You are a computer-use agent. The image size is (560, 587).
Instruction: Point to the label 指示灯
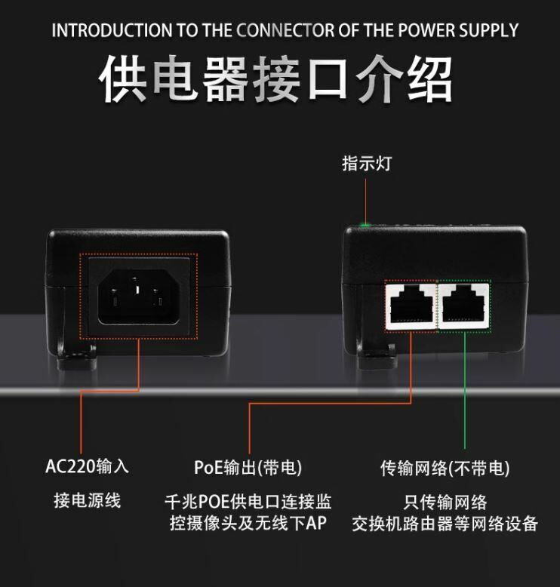[367, 163]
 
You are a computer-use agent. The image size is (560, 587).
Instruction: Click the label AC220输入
[87, 466]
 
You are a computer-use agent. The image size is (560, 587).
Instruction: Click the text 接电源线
[87, 500]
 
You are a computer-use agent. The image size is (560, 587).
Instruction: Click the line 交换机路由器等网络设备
[445, 524]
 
